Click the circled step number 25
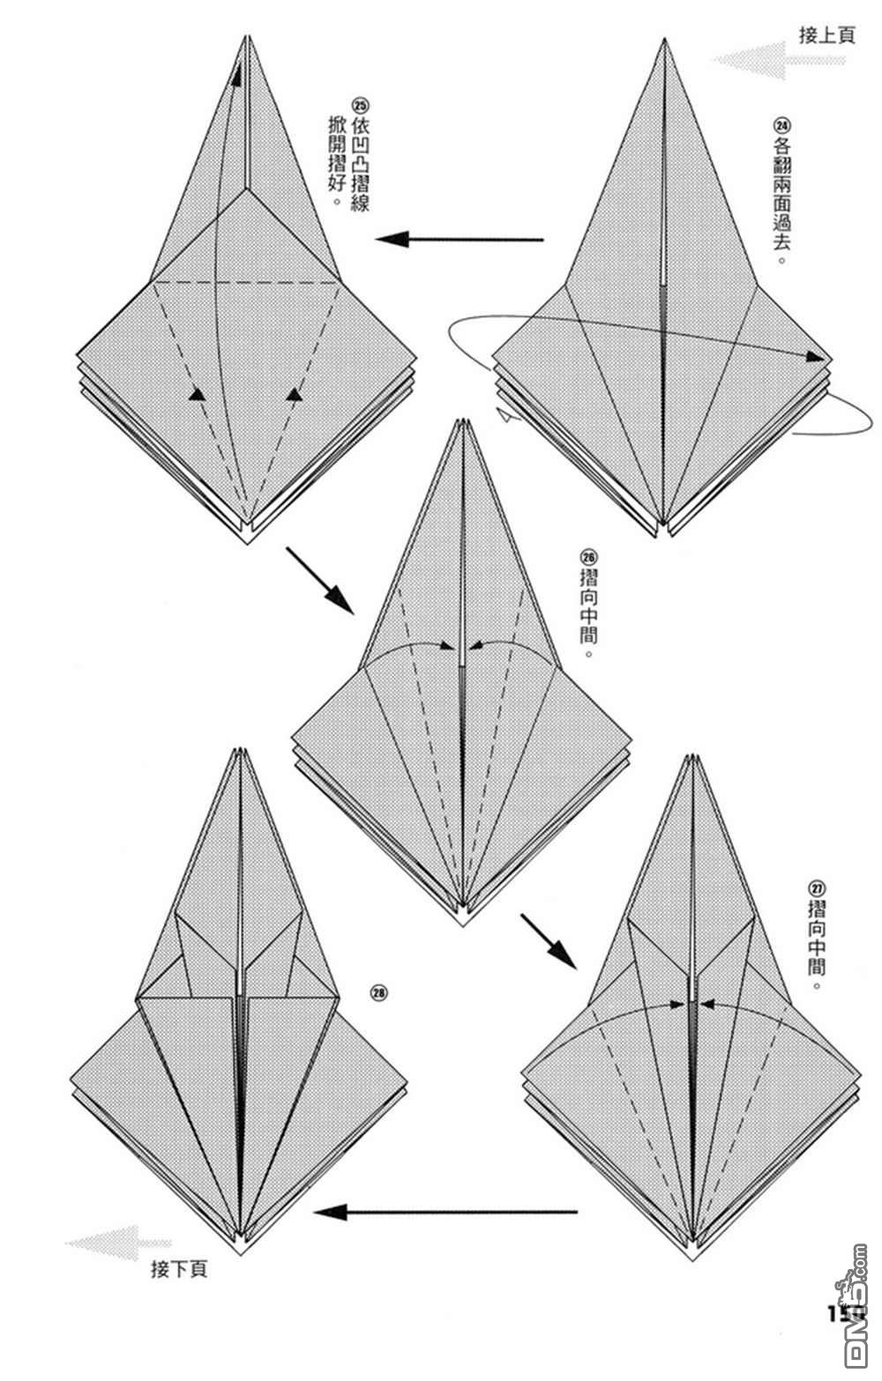[x=359, y=102]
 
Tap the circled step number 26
[x=589, y=556]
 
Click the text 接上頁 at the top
[x=826, y=35]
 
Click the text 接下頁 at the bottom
[x=179, y=1270]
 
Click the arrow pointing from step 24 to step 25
[x=459, y=239]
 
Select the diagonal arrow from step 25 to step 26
[x=318, y=581]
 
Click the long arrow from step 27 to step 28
[x=445, y=1213]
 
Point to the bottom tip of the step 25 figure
[x=248, y=543]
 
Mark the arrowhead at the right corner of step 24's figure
[x=823, y=358]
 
